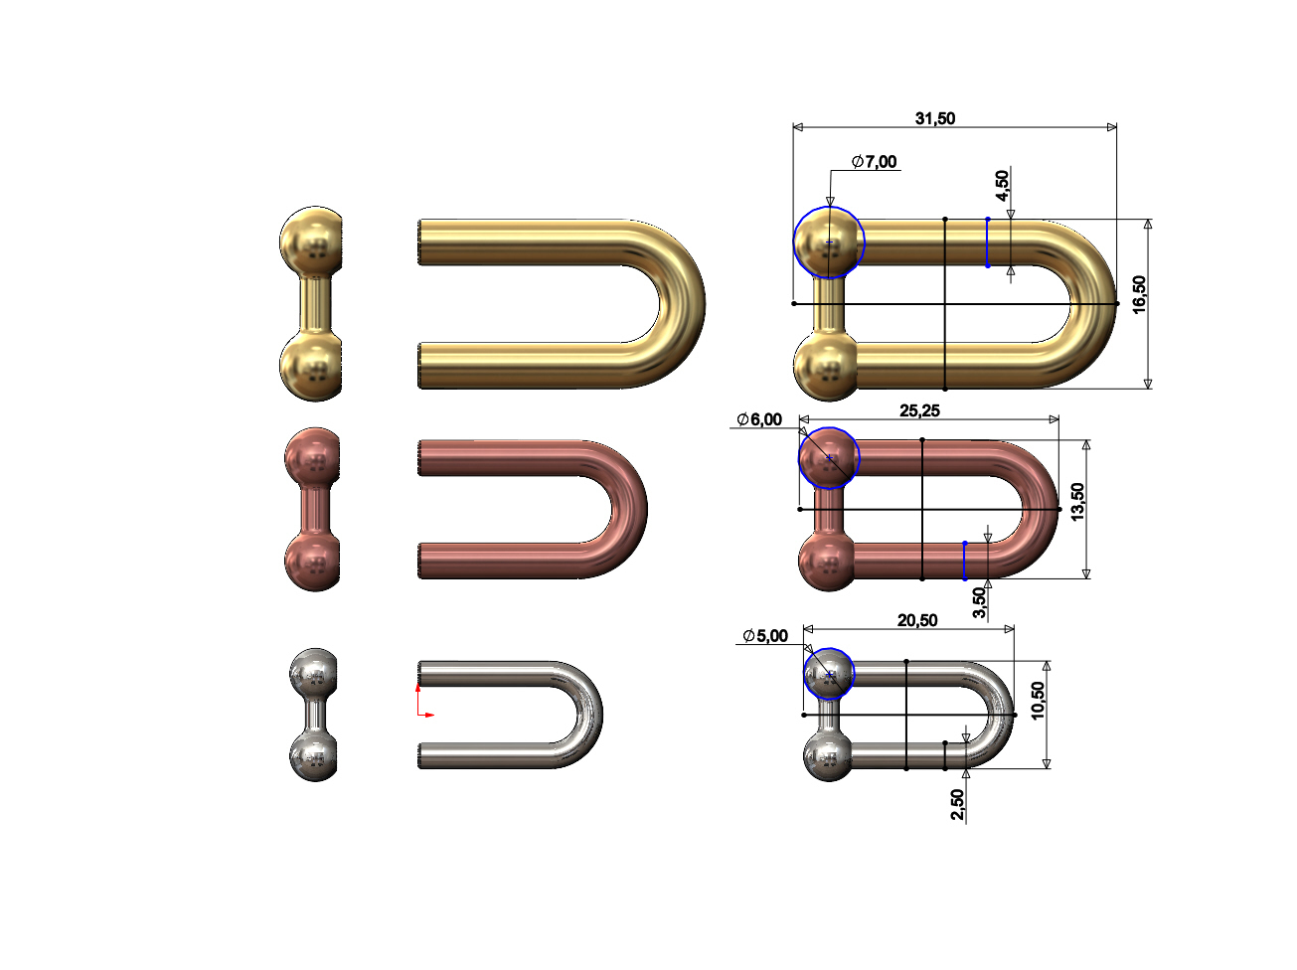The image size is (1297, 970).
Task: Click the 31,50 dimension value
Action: click(934, 118)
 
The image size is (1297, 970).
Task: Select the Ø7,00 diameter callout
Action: click(874, 162)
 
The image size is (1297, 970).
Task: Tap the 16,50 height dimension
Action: click(1139, 294)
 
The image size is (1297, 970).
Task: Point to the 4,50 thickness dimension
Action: click(1002, 185)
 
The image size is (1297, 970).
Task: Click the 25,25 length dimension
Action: click(919, 410)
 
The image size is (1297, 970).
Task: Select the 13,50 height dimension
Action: click(1077, 502)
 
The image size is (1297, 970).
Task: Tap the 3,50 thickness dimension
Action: click(979, 602)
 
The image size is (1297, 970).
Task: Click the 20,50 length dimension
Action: click(916, 620)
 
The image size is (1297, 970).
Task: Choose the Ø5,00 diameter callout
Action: click(765, 636)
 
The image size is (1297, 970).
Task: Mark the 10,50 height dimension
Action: click(1038, 701)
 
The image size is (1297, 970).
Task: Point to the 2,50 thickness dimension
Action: click(957, 804)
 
